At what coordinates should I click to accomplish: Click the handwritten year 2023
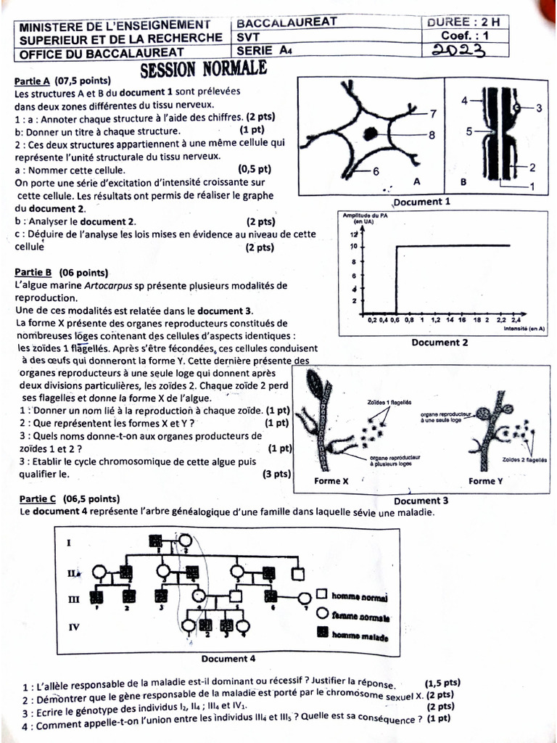458,49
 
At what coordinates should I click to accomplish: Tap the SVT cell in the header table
245,36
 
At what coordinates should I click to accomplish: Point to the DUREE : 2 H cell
468,22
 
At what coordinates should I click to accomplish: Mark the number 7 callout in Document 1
432,114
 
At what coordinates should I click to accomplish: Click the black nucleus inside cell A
371,134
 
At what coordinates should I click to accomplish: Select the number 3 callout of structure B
539,108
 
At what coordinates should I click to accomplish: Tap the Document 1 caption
421,202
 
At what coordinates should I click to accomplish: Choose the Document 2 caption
440,342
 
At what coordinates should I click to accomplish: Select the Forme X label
331,481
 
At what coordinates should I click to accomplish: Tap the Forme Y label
485,481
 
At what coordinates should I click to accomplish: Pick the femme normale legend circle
321,616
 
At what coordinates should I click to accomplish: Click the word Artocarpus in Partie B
107,285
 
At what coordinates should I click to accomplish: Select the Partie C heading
35,499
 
